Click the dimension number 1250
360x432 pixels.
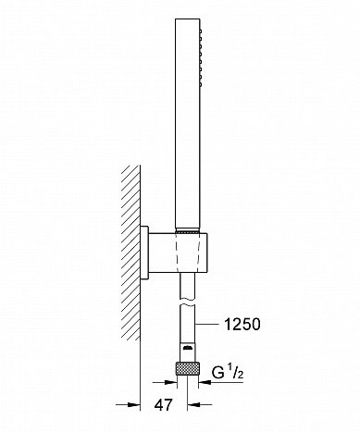pos(242,325)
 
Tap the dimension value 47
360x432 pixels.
pos(163,404)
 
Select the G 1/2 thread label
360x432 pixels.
pos(228,373)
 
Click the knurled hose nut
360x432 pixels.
pos(188,369)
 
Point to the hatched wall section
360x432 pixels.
pos(130,253)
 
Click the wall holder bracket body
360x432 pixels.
pos(179,253)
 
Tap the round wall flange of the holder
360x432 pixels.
pos(144,253)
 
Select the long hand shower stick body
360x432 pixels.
pos(188,124)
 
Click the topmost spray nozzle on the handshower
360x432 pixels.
pos(201,31)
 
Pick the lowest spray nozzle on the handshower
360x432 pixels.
pos(201,84)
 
